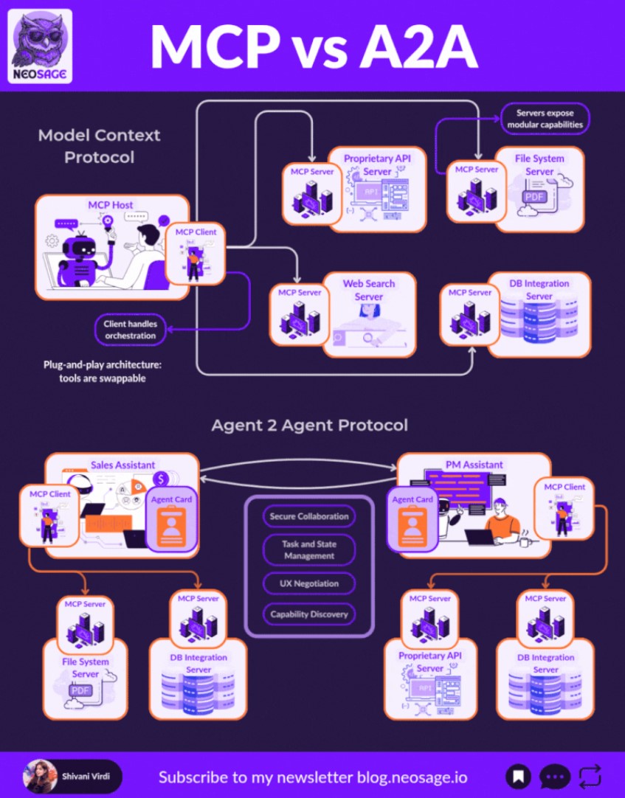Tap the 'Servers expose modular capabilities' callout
point(545,118)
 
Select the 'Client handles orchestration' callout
point(130,330)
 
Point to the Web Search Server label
point(369,290)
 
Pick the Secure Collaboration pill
point(308,516)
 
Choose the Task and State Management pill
point(308,549)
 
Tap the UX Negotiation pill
point(308,583)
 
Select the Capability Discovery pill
point(308,614)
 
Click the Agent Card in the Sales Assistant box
point(172,519)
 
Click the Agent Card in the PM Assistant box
point(412,519)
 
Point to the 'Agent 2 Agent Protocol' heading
point(309,426)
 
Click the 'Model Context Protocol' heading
point(99,146)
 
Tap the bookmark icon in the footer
point(519,776)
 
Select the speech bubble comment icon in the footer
point(554,776)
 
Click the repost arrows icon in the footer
point(590,776)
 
